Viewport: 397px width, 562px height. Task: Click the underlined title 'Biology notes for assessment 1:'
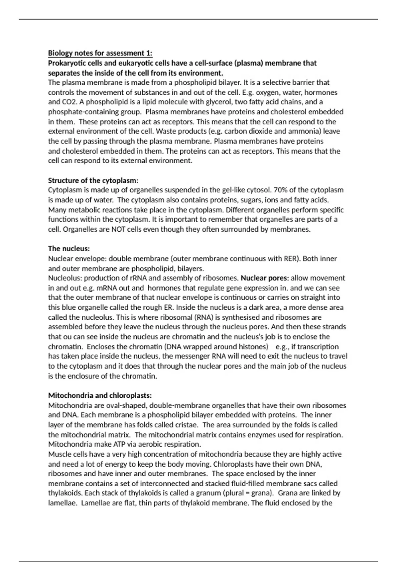point(100,53)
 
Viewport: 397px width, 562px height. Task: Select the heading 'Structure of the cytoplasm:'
point(93,181)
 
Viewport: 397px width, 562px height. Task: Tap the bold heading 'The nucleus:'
point(69,249)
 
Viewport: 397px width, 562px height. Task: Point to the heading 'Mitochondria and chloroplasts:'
point(100,395)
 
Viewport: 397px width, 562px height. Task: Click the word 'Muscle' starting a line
point(59,454)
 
